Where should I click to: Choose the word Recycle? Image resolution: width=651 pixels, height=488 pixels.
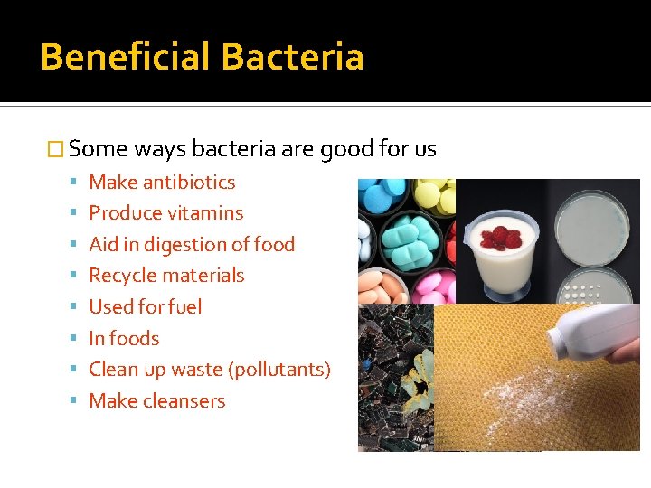pyautogui.click(x=121, y=276)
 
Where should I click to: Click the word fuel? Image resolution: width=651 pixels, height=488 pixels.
pyautogui.click(x=184, y=307)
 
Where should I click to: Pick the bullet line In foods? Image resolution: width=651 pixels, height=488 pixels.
pyautogui.click(x=124, y=339)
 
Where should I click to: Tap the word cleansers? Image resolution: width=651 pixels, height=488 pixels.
pyautogui.click(x=184, y=401)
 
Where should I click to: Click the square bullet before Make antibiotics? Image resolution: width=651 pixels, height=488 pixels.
pyautogui.click(x=74, y=183)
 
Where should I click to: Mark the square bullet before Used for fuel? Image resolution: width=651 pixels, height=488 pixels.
pyautogui.click(x=74, y=307)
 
